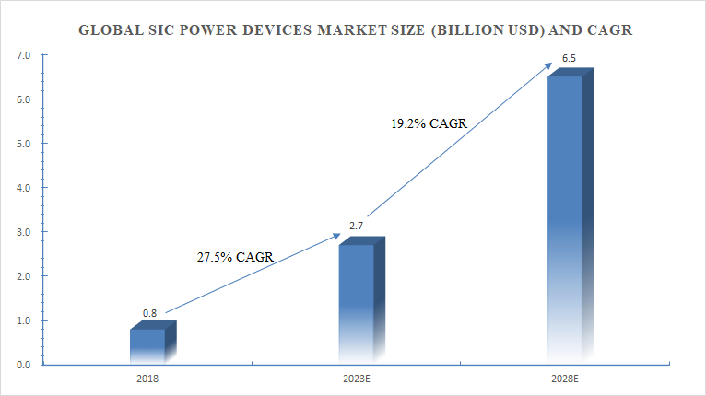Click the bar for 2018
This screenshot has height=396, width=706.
tap(147, 344)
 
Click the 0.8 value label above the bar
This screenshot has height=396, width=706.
tap(149, 313)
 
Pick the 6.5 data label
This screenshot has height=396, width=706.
tap(570, 59)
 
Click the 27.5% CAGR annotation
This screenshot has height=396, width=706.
tap(235, 257)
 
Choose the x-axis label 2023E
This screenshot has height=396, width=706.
tap(358, 378)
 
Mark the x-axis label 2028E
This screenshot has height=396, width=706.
tap(566, 378)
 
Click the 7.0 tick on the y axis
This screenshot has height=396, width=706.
tap(24, 55)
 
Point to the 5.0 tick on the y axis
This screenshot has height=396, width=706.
tap(24, 144)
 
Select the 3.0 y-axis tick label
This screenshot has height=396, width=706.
tap(24, 232)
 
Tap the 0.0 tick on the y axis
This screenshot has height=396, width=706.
tap(24, 365)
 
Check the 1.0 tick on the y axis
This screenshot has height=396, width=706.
tap(24, 320)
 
